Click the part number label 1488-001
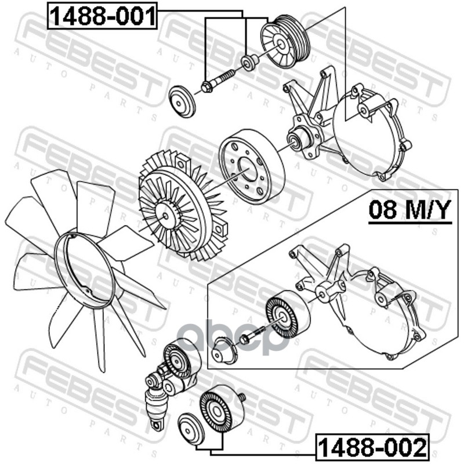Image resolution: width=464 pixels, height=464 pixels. coord(103,16)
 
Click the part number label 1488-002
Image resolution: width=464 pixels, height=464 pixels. coord(372,447)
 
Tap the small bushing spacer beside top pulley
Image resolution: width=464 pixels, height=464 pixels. coord(249,63)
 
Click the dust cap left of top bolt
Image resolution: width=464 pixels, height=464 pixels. coord(182,101)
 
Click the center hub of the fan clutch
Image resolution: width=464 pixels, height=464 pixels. coord(166,215)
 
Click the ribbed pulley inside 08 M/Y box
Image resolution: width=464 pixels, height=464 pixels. coord(288,314)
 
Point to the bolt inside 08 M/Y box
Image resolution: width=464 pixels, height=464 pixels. coord(251,335)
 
